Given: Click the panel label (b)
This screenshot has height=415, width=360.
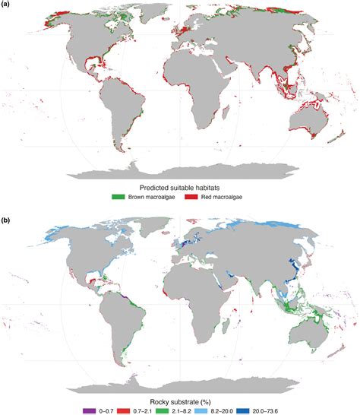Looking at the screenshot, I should [x=6, y=212].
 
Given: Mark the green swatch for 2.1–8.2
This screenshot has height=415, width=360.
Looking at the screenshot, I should [x=175, y=408].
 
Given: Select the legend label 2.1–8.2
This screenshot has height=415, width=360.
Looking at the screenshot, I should [x=195, y=408].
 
